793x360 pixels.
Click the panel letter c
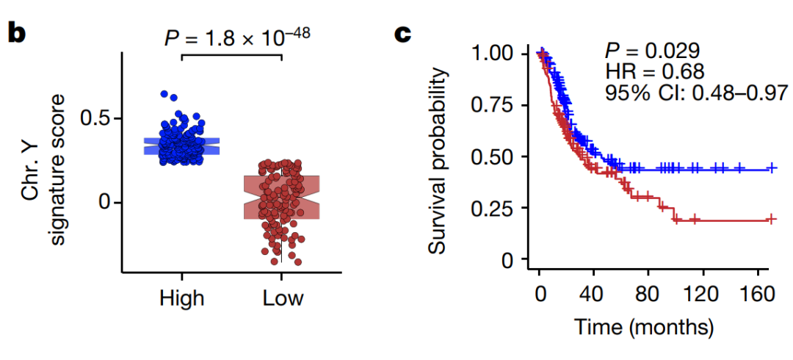point(404,35)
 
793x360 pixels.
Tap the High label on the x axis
point(181,298)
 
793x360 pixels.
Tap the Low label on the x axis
point(283,298)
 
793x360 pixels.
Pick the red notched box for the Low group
point(282,197)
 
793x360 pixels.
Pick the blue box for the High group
point(181,145)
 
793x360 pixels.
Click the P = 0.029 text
point(652,51)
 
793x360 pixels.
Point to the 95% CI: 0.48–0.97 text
point(696,92)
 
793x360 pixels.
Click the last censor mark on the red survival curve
point(771,219)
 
